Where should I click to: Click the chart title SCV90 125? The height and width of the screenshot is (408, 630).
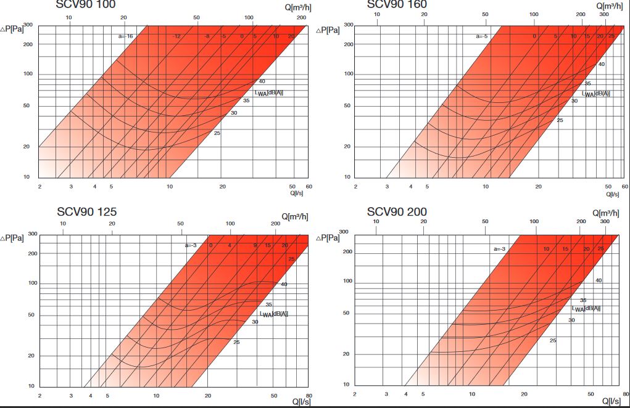coord(86,212)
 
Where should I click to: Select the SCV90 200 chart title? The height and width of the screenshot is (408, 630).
coord(397,212)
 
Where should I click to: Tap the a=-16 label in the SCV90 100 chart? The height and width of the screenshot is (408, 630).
coord(126,36)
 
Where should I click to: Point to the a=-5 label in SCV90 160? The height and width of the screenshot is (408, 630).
coord(482,36)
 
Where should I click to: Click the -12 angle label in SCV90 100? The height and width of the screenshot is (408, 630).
coord(176,36)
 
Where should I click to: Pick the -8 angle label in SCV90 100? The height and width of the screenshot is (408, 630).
coord(207,36)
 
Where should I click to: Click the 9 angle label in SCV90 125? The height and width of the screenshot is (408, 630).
coord(255,245)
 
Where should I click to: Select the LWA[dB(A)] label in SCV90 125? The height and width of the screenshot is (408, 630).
coord(273,314)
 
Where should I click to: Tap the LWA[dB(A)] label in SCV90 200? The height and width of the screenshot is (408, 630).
coord(586,308)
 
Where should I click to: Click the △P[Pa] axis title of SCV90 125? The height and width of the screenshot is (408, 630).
coord(12,237)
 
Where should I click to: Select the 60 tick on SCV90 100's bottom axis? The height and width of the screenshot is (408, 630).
coord(309,186)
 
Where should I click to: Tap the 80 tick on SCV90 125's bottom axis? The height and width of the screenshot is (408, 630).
coord(309,395)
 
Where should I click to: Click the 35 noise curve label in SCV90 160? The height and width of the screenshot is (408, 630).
coord(587,83)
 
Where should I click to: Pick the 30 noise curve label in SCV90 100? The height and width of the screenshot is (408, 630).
coord(234,113)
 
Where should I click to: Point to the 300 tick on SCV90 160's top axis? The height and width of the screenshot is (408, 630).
coord(605,14)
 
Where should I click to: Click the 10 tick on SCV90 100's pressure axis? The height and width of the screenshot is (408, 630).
coord(27,177)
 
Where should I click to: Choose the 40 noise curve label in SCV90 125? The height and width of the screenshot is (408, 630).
coord(284,284)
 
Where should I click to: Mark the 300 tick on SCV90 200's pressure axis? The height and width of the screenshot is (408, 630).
coord(344,232)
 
